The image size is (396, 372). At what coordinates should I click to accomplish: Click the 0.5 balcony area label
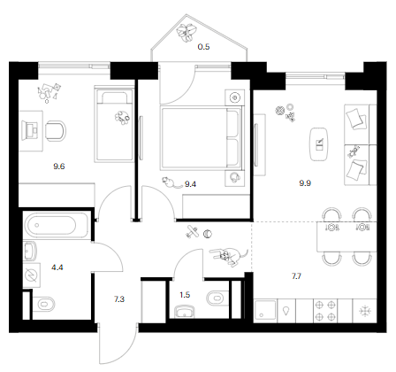pos(203,47)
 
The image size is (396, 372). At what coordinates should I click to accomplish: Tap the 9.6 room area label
pos(59,167)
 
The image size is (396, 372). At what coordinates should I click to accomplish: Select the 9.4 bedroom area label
pos(190,184)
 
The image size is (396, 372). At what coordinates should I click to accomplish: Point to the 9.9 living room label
pos(305,183)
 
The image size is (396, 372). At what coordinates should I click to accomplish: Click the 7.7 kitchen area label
pos(296,276)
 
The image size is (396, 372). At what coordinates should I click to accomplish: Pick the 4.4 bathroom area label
pos(57,267)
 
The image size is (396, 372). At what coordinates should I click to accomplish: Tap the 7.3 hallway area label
pos(119,299)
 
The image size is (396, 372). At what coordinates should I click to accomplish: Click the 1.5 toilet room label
pos(185,295)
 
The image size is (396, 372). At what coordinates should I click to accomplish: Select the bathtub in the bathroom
pos(56,225)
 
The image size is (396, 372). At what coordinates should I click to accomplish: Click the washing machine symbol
pos(32,275)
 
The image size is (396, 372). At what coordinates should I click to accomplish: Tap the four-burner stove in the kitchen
pos(325,311)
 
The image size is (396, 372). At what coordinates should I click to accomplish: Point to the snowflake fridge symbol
pos(365,311)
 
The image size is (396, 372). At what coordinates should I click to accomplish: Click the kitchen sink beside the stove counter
pos(265,311)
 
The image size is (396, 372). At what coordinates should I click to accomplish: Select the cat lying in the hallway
pos(229,256)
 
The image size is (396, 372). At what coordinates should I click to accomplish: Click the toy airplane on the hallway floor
pos(192,232)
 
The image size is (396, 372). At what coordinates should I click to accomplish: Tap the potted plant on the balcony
pos(187,32)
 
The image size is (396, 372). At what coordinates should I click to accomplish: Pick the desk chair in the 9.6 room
pos(56,130)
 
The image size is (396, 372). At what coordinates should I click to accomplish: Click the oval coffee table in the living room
pos(319,144)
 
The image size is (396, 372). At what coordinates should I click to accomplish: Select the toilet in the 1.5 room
pos(217,298)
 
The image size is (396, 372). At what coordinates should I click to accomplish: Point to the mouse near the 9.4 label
pos(171,182)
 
